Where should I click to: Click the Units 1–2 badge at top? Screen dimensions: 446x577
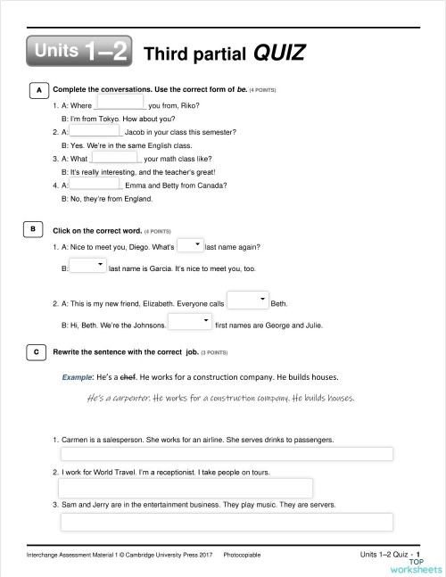[x=80, y=52]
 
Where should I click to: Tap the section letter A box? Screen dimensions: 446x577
[x=37, y=91]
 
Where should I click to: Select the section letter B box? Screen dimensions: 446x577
[x=32, y=229]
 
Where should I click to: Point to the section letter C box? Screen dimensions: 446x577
[x=37, y=352]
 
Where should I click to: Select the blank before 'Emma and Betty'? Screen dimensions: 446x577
[x=95, y=184]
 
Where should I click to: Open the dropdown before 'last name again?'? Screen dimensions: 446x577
[x=190, y=245]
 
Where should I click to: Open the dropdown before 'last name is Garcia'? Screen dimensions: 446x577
[x=87, y=266]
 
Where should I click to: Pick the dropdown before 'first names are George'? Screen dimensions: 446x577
[x=188, y=322]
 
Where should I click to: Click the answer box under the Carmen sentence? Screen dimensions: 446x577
[x=227, y=453]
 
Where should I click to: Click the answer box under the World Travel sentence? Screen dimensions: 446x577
[x=186, y=487]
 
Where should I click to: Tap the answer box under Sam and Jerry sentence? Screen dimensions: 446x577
[x=227, y=521]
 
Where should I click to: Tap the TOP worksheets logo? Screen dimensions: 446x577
[x=420, y=565]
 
